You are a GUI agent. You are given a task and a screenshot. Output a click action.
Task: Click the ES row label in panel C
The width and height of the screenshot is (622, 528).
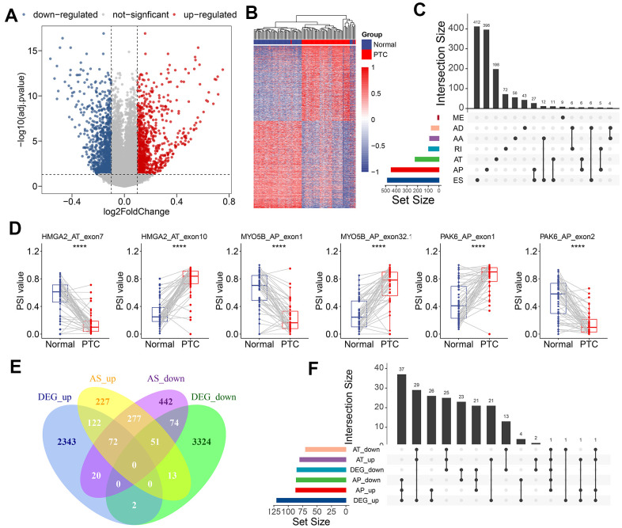click(x=457, y=180)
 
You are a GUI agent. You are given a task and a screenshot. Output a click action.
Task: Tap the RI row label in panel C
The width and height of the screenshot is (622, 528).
click(x=457, y=149)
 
